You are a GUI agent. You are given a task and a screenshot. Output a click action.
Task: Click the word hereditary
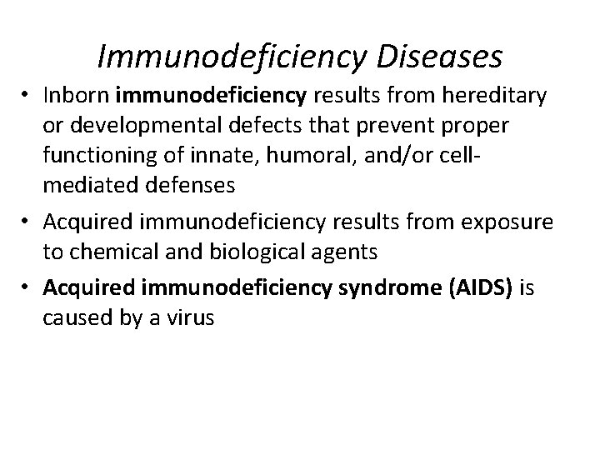coord(495,97)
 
